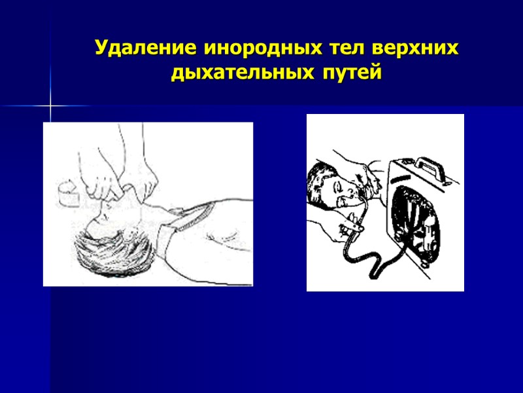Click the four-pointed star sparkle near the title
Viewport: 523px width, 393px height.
click(x=50, y=105)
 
